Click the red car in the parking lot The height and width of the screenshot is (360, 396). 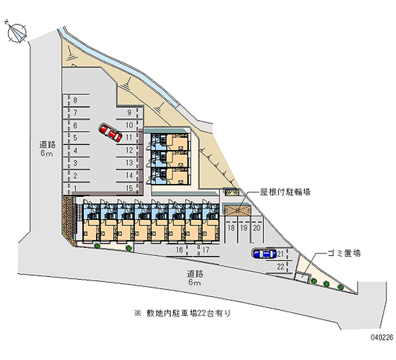111,133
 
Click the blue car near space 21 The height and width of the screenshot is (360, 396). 264,254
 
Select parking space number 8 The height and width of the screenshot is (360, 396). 75,101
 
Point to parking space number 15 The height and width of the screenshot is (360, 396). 129,188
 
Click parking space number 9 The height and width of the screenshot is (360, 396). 129,112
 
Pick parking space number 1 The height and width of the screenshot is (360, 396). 75,188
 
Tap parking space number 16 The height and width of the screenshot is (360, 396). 180,250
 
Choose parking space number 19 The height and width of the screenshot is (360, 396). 244,228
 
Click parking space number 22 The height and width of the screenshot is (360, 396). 280,267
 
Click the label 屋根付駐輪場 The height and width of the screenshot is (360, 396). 286,191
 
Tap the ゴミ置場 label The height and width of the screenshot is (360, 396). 344,253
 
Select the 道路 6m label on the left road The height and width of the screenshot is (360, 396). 47,149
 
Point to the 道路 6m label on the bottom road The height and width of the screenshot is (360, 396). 194,278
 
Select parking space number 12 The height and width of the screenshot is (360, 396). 129,150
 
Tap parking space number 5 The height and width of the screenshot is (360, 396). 75,138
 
